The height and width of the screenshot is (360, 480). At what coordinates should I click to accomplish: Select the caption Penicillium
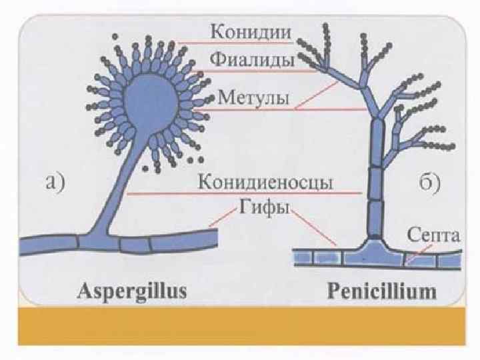coord(382,291)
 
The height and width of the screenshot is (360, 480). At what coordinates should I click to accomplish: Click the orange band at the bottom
coord(240,327)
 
